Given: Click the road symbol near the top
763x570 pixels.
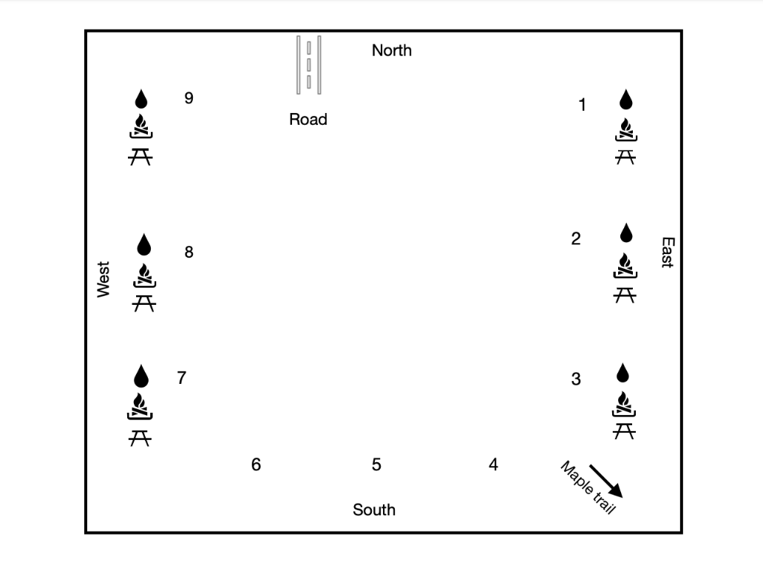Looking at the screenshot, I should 308,65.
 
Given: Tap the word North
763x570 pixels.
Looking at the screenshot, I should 392,50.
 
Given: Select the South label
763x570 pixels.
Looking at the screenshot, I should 374,509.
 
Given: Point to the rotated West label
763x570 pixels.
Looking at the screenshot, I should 104,279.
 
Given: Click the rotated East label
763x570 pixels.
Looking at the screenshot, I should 666,253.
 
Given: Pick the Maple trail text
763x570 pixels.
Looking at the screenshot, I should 587,487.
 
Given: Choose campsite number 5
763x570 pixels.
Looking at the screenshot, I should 376,464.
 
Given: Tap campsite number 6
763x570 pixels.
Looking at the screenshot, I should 256,464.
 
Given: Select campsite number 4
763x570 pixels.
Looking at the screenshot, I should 493,464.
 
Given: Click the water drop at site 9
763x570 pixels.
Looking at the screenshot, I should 140,99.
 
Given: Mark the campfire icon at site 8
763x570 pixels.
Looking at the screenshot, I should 143,276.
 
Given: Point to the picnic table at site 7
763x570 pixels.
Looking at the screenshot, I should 140,439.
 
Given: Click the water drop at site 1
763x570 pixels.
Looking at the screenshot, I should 625,100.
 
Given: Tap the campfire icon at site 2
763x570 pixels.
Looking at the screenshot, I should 625,266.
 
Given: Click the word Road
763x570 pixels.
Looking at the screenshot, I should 308,119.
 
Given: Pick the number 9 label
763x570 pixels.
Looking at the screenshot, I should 189,97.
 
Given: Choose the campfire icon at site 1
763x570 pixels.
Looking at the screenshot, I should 625,129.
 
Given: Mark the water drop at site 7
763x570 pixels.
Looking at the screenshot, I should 140,377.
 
